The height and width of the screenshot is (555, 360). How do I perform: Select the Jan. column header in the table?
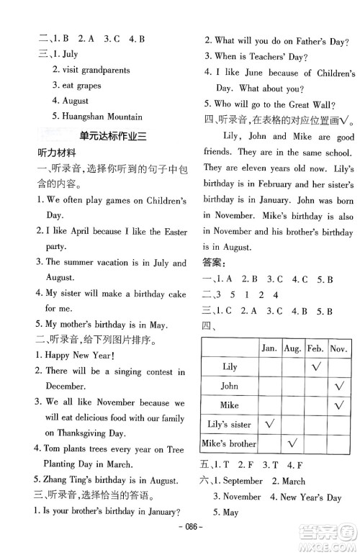tap(269, 348)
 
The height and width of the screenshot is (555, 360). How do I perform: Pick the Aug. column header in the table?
tap(292, 348)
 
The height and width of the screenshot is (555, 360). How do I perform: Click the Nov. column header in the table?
tap(338, 348)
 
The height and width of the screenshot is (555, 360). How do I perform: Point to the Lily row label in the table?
tap(230, 367)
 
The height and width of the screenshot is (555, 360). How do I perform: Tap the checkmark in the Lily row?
tap(315, 367)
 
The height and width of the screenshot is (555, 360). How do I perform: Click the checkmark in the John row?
tap(338, 387)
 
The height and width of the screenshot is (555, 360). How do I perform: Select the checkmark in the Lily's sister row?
tap(269, 425)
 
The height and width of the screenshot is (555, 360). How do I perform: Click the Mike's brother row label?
tap(229, 444)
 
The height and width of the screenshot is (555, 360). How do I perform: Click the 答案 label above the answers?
tap(214, 264)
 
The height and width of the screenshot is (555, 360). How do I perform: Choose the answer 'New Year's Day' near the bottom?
tap(311, 497)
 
